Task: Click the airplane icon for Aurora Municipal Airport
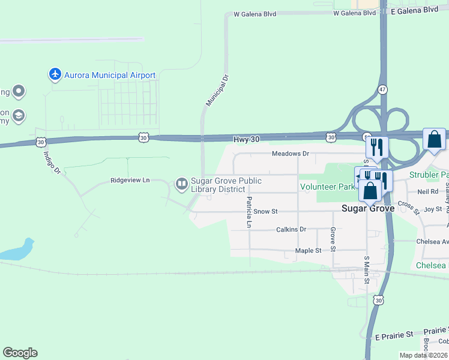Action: (55, 74)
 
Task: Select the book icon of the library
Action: (181, 184)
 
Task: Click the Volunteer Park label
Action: (328, 187)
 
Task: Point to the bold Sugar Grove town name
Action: (367, 209)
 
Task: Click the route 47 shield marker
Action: (383, 89)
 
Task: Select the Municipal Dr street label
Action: (218, 91)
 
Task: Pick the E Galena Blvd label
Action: (414, 10)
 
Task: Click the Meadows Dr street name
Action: (290, 154)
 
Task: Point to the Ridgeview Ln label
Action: (130, 180)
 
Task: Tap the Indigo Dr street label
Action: (52, 162)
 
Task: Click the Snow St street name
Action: (265, 211)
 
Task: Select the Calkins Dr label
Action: (291, 229)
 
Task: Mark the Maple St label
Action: (309, 250)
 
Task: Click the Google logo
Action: (20, 353)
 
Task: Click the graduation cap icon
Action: (18, 115)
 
